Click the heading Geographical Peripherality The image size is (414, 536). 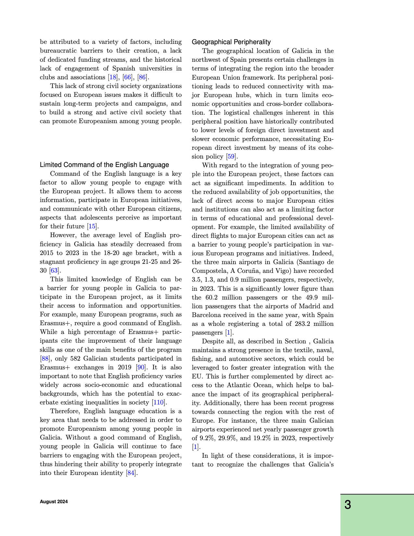point(231,42)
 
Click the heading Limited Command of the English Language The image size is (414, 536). point(104,165)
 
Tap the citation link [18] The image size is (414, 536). point(112,77)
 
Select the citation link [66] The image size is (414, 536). point(127,77)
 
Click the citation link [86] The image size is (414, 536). point(142,77)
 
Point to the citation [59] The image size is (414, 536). point(231,157)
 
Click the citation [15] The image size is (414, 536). point(92,226)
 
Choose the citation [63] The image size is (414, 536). point(54,271)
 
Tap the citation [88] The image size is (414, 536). point(44,359)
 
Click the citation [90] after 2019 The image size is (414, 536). point(141,367)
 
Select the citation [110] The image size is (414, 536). point(159,402)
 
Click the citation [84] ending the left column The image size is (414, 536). point(131,473)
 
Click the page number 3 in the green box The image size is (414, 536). point(347,505)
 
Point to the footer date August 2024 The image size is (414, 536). point(54,502)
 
